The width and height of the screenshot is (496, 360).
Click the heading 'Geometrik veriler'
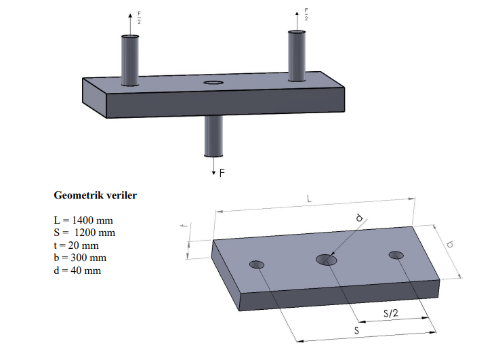coord(95,195)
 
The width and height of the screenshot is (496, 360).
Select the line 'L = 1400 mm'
coord(83,221)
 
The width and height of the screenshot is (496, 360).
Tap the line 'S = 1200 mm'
coord(83,233)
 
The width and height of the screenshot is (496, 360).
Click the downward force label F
coord(222,173)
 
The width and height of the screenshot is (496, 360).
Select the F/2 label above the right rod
coord(306,15)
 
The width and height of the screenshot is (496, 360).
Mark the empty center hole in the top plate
coord(213,83)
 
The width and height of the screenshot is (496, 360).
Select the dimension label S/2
coord(390,313)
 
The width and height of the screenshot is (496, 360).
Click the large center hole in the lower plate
coord(327,259)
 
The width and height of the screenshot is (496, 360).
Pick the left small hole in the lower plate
coord(257,264)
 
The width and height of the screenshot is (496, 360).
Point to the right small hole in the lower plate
coord(396,255)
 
